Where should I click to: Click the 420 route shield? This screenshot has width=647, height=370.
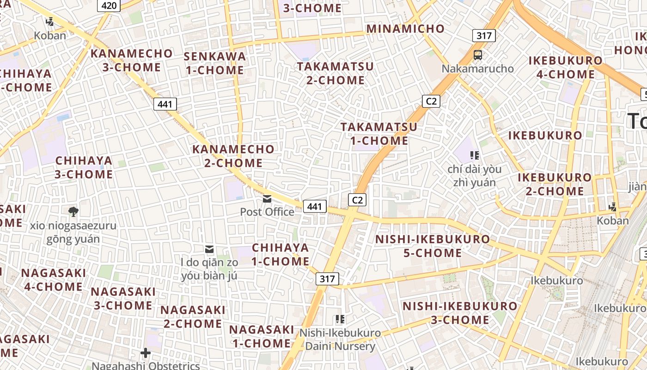(109, 6)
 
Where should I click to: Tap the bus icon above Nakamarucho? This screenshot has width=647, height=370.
(478, 55)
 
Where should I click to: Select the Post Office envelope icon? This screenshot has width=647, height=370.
(267, 199)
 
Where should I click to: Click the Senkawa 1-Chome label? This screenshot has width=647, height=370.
(215, 63)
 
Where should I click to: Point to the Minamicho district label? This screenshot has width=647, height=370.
(405, 29)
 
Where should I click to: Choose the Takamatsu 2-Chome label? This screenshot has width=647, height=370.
(335, 73)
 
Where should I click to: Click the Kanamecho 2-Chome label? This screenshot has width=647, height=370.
(233, 156)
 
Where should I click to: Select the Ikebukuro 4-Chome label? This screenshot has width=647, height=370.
(565, 67)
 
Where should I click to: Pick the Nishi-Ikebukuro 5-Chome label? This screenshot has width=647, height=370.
(433, 246)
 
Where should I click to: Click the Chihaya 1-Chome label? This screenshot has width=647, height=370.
(281, 254)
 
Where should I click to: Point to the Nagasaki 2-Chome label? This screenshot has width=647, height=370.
(193, 316)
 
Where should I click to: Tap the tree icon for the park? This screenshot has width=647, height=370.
(73, 212)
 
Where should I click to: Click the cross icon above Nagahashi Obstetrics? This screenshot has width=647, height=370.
(146, 353)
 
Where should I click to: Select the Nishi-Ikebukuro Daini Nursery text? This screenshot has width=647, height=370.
(340, 339)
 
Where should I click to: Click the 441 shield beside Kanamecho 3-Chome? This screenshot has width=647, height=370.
(165, 104)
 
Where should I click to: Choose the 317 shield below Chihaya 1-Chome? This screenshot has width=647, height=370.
(327, 279)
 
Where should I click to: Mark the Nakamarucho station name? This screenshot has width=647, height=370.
(478, 69)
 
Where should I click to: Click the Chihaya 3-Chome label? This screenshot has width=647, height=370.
(84, 167)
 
